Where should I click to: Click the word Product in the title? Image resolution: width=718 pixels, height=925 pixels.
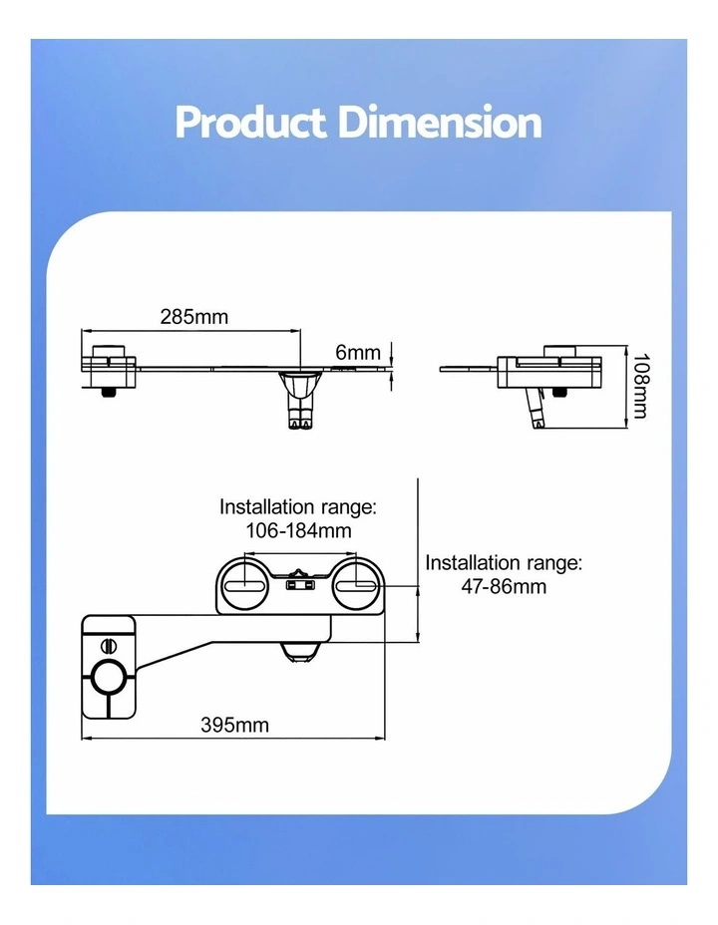click(x=250, y=123)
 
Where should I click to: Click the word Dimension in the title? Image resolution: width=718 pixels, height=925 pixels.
click(x=440, y=123)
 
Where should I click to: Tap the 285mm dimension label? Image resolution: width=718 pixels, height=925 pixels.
click(x=194, y=317)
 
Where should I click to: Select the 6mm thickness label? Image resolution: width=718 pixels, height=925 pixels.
click(x=358, y=352)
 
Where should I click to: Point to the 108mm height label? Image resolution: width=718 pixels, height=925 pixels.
click(x=640, y=386)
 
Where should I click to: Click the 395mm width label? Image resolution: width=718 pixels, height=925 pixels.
click(x=234, y=725)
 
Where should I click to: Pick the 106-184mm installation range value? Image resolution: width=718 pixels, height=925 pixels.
click(x=298, y=530)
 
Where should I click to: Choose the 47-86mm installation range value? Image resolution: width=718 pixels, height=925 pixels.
click(x=504, y=586)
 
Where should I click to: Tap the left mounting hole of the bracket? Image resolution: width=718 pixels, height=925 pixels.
click(x=242, y=585)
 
